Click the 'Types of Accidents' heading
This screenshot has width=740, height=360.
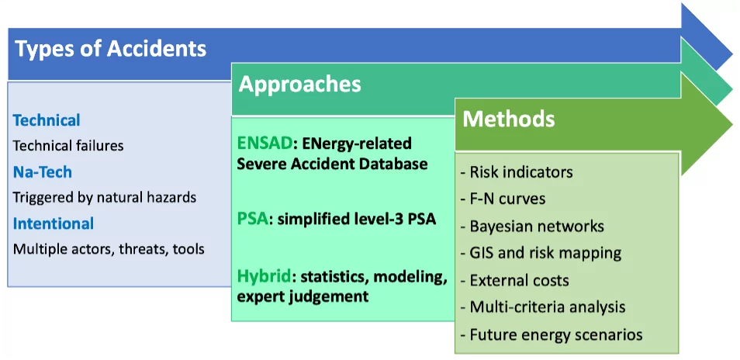[111, 50]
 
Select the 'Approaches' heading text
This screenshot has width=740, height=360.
[299, 84]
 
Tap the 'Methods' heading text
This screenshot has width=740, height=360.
[509, 119]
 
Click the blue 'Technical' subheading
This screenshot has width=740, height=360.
[47, 120]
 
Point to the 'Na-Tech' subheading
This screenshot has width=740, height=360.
[43, 171]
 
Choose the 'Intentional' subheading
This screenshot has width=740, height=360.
[54, 223]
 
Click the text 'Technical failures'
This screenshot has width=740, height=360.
[68, 145]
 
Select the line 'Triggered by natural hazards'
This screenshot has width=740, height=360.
[105, 197]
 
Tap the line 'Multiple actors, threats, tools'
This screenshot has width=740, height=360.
[108, 249]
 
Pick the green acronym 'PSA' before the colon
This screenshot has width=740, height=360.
[251, 220]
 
